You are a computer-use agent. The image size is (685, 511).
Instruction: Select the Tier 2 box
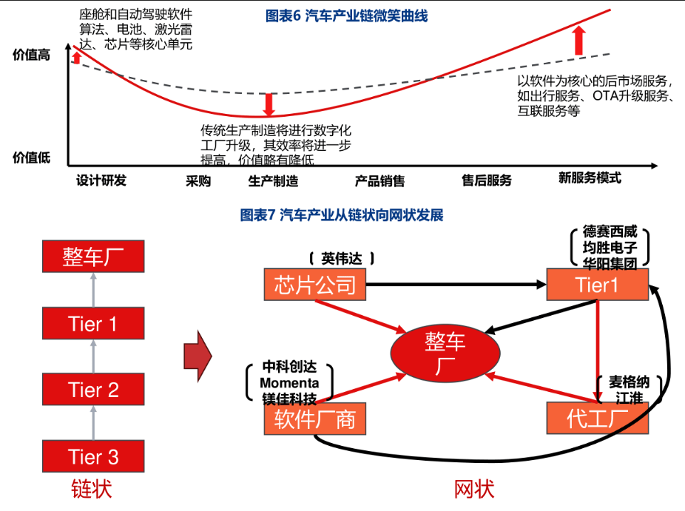coord(93,390)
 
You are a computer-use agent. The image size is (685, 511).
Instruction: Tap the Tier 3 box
coord(93,456)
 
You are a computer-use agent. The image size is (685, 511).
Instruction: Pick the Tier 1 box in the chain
coord(93,324)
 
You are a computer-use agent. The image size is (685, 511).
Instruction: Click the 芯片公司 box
coord(315,284)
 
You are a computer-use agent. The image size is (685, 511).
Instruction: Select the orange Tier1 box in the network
coord(597,285)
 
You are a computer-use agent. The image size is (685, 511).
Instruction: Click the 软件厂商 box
coord(315,419)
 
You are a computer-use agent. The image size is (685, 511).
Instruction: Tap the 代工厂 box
coord(597,419)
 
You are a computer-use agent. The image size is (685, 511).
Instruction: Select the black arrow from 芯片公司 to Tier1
coord(455,285)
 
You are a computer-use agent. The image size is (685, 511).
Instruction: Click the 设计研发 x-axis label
coord(101,180)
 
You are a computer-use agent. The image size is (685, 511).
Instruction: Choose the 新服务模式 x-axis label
coord(590,178)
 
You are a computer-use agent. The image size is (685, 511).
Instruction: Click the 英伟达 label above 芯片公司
coord(342,258)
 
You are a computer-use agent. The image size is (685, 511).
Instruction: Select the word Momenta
coord(289,383)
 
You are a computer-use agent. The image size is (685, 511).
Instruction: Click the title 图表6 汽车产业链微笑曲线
coord(346,16)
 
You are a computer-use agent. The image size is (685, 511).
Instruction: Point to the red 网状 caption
coord(473,490)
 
